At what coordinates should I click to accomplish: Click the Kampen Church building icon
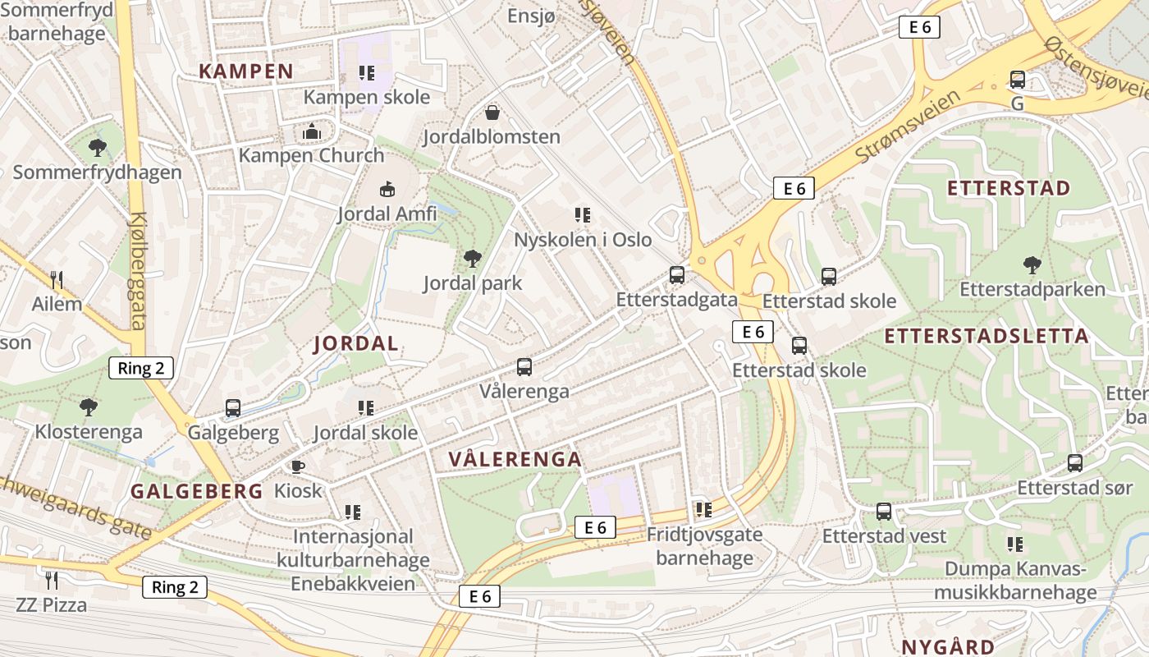(311, 131)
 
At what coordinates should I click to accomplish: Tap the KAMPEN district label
(246, 71)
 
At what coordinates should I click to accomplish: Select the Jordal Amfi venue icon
(387, 190)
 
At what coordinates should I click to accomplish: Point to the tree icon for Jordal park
(472, 260)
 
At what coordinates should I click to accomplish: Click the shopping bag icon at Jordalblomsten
(492, 113)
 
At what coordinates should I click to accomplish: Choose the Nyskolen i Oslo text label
(583, 240)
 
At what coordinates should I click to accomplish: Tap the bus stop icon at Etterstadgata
(676, 275)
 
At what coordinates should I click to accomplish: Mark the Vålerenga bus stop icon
(524, 367)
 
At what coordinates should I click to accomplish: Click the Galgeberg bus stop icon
(233, 408)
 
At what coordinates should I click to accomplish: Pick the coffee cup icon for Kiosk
(297, 466)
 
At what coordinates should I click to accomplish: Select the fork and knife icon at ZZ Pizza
(52, 581)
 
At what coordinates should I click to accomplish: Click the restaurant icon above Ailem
(57, 280)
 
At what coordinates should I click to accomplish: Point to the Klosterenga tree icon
(89, 407)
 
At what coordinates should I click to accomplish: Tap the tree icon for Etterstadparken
(1032, 265)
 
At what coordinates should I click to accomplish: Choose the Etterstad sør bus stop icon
(1074, 463)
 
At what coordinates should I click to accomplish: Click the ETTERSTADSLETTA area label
(986, 336)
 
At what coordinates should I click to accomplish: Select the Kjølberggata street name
(137, 271)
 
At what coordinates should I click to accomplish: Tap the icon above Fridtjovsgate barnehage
(703, 510)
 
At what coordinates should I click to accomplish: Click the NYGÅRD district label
(948, 646)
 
